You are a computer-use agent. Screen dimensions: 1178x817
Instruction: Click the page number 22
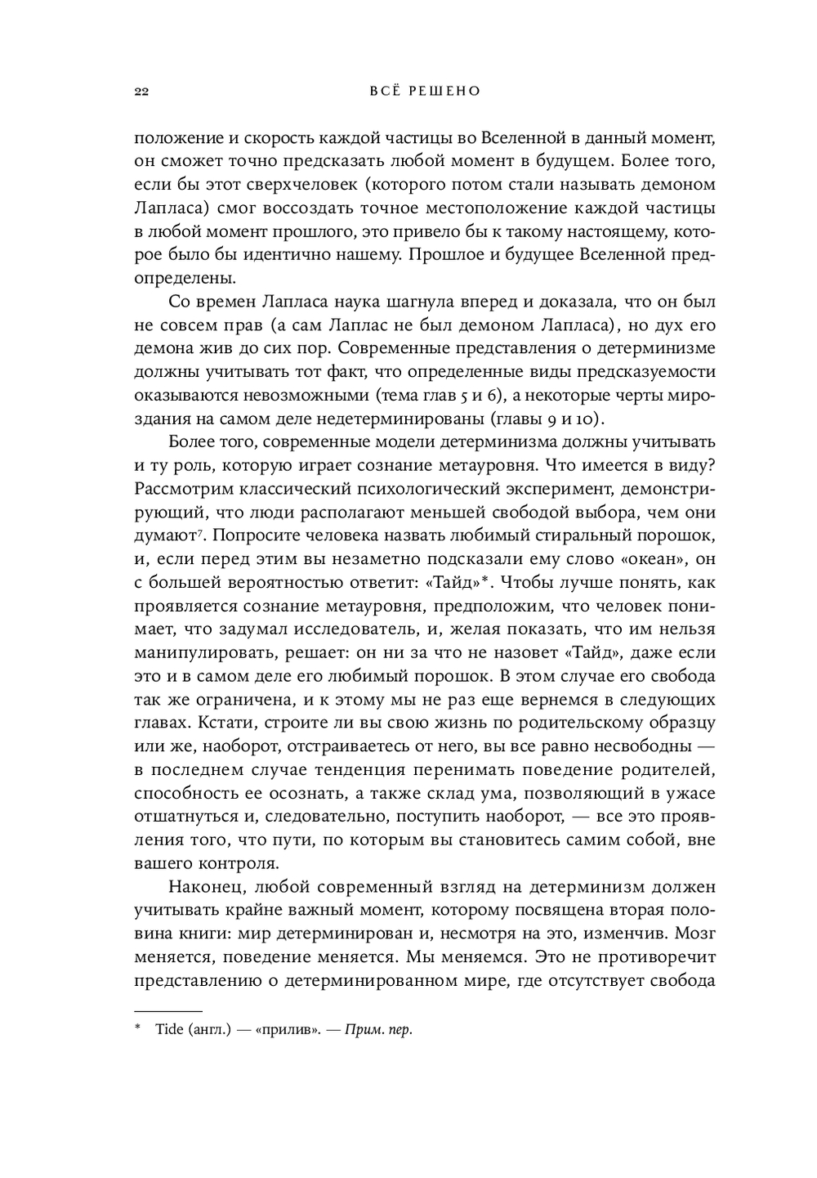140,92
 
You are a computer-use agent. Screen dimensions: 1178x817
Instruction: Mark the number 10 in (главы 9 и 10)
588,420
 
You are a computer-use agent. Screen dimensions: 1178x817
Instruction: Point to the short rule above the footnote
167,1010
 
